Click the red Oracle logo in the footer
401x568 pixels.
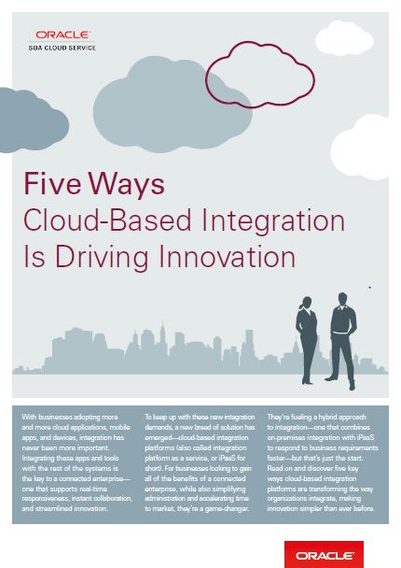324,555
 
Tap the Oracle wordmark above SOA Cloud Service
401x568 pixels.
62,35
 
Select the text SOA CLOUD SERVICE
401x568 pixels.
62,48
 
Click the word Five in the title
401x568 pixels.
52,184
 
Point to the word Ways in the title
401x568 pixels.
127,186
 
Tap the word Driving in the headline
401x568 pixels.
102,258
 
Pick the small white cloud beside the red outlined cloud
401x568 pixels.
344,38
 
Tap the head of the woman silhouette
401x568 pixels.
307,303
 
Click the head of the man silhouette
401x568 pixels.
342,299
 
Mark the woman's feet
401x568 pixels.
308,381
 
